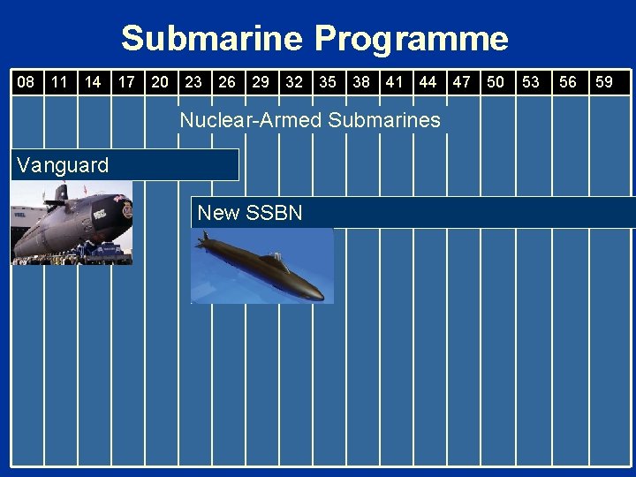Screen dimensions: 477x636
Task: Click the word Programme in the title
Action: (x=412, y=39)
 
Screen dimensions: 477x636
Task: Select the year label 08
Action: (x=26, y=82)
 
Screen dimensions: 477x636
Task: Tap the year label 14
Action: (x=92, y=82)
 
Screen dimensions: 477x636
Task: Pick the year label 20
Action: (x=160, y=82)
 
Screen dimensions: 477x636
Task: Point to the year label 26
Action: (x=227, y=82)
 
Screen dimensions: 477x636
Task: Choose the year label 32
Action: (x=294, y=82)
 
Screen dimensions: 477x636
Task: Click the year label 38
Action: (x=361, y=82)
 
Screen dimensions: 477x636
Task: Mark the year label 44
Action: (x=428, y=82)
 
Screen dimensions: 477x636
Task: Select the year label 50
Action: (x=496, y=82)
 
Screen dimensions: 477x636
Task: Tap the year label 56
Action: (x=568, y=82)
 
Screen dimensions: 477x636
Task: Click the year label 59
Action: (x=604, y=82)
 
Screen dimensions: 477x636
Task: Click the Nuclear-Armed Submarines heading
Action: (x=309, y=120)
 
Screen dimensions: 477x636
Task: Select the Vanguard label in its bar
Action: (x=63, y=164)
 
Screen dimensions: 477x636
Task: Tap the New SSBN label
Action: (x=250, y=213)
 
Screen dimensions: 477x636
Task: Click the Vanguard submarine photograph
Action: (x=71, y=223)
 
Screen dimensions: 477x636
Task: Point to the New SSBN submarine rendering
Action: (x=262, y=266)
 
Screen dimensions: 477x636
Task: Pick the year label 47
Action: (x=461, y=82)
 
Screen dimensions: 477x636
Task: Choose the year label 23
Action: (x=193, y=82)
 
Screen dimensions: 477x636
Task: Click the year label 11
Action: (x=59, y=82)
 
